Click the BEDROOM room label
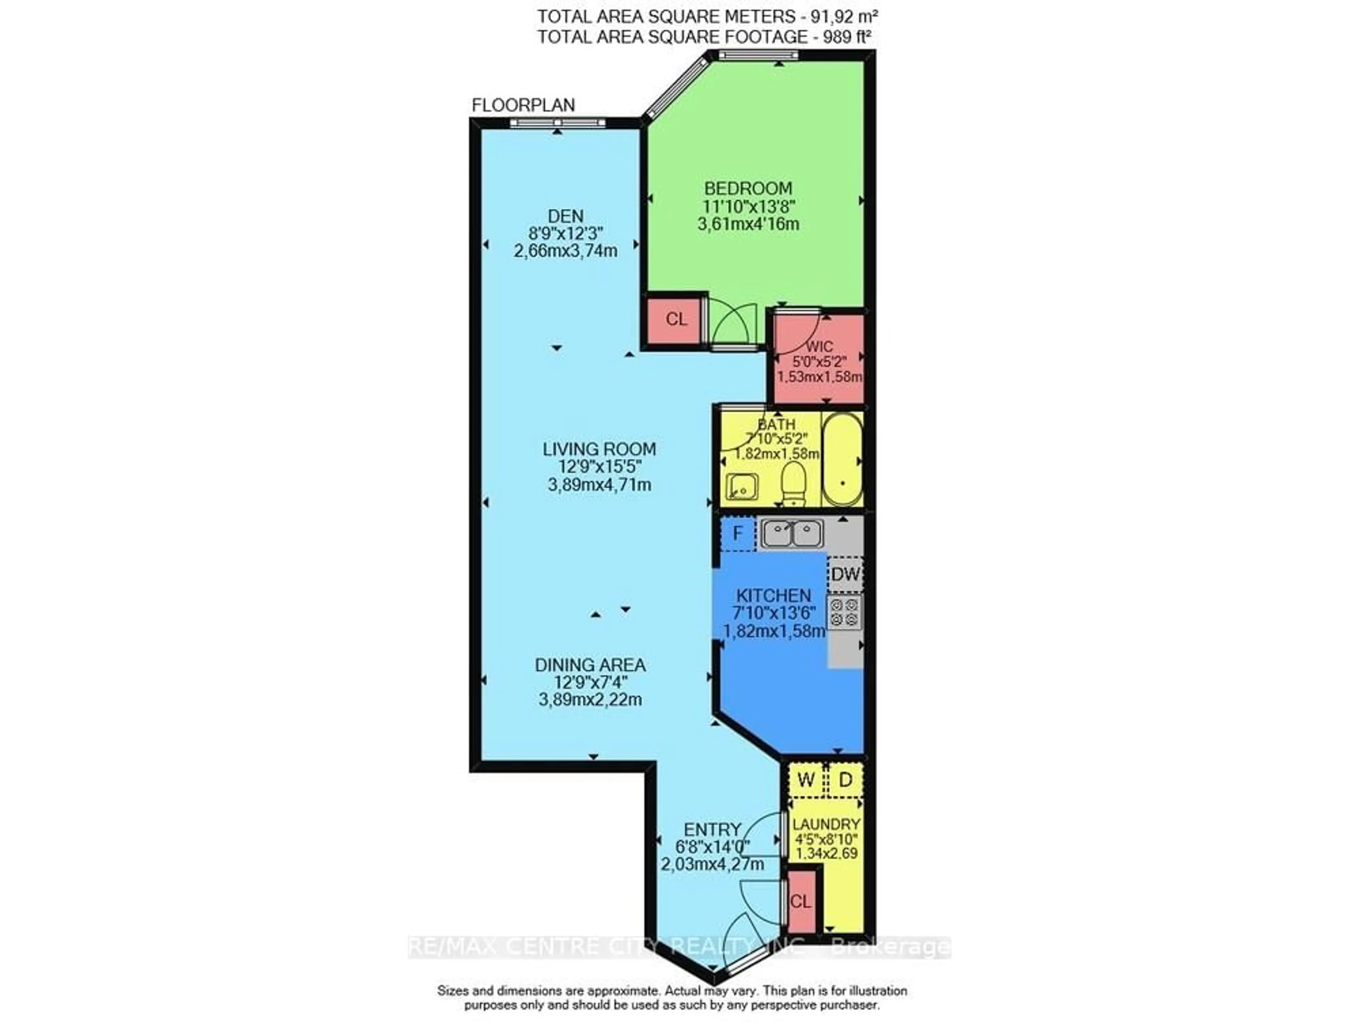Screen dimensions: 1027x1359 [x=748, y=188]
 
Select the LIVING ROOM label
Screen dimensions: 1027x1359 [x=599, y=449]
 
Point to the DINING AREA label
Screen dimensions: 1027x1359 [x=590, y=665]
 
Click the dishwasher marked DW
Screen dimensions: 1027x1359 [x=845, y=574]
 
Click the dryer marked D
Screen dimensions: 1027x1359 [x=845, y=780]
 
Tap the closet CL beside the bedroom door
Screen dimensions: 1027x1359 [x=676, y=319]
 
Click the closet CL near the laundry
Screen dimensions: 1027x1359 [x=801, y=901]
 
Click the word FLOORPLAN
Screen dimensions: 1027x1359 [x=523, y=105]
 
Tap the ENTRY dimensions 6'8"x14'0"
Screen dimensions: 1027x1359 [x=712, y=847]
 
